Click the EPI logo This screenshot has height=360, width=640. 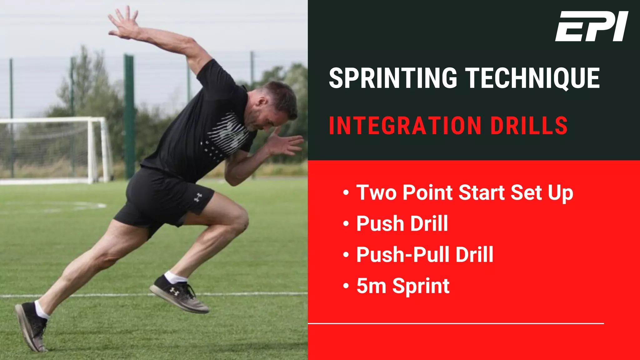tap(592, 26)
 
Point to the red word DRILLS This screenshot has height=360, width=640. tap(529, 126)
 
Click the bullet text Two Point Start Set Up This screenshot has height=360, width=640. tap(464, 193)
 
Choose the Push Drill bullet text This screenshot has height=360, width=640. tap(402, 224)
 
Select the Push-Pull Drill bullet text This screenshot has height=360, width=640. tap(424, 255)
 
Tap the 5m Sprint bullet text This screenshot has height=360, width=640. tap(402, 286)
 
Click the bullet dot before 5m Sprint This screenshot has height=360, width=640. tap(346, 286)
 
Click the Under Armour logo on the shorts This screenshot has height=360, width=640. tap(198, 197)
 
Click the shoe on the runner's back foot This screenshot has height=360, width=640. tap(31, 327)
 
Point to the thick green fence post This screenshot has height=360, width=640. tap(129, 116)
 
